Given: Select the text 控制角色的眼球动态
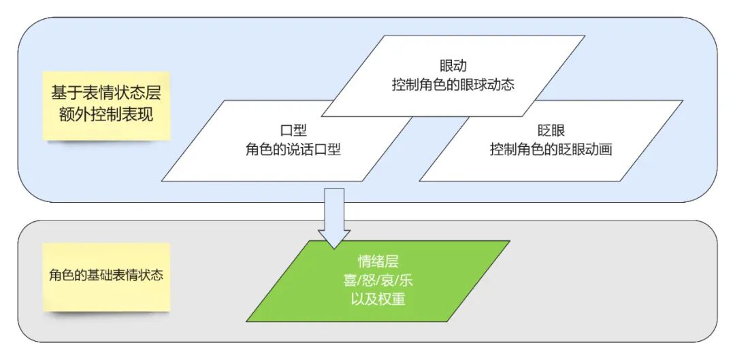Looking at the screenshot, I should pyautogui.click(x=453, y=86).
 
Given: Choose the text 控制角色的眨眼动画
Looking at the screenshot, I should pyautogui.click(x=551, y=150).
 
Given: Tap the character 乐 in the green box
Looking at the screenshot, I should pyautogui.click(x=406, y=280).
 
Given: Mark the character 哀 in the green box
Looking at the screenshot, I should pyautogui.click(x=388, y=280).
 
